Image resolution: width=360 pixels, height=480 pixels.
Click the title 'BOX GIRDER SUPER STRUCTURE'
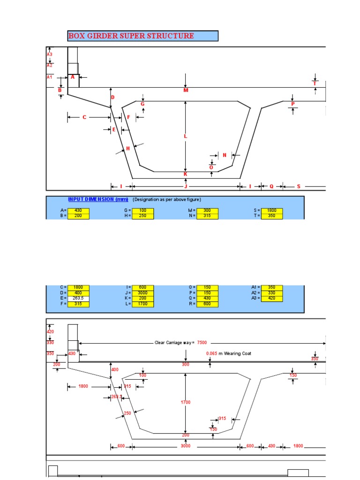tap(131, 36)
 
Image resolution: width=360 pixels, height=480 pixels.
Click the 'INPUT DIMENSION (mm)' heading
tap(98, 199)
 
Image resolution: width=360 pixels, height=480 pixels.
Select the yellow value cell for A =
tap(78, 211)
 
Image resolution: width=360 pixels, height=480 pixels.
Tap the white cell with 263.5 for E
tap(78, 298)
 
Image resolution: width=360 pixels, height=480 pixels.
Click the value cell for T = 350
tap(271, 216)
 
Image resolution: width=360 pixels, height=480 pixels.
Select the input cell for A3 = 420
tap(271, 298)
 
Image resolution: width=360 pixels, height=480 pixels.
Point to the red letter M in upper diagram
tap(186, 90)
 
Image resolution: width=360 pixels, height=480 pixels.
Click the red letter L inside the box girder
tap(185, 136)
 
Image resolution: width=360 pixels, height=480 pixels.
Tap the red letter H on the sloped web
tap(127, 149)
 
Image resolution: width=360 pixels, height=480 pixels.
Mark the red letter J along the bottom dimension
tap(186, 187)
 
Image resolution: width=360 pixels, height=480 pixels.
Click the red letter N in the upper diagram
tap(225, 155)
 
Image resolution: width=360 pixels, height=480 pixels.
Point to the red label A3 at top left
tap(50, 54)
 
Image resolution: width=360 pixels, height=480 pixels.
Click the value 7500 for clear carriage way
tap(202, 343)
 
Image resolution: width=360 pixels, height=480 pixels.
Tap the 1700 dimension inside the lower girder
tap(186, 402)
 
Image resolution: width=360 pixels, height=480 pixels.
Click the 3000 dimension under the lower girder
tap(186, 446)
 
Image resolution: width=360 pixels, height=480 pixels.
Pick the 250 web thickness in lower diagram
tap(127, 413)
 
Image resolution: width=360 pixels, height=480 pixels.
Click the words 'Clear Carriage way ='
tap(175, 343)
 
